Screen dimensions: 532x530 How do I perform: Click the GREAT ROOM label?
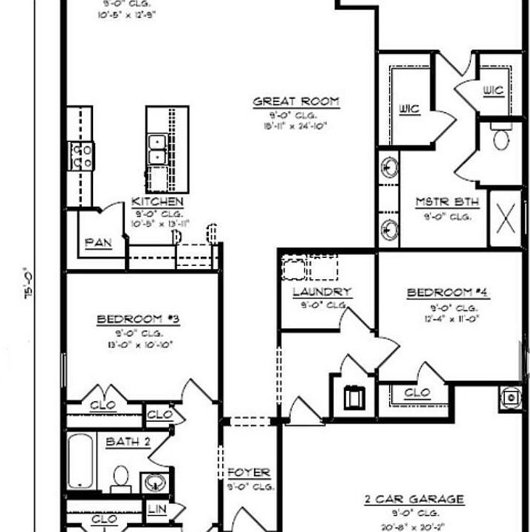(x=296, y=101)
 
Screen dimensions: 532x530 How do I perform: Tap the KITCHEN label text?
(x=157, y=201)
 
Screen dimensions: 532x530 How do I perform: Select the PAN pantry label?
(x=98, y=242)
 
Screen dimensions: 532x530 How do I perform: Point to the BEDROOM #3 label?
(x=139, y=319)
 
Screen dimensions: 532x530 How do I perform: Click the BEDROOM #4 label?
(x=448, y=293)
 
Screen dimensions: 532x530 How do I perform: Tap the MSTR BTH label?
(x=447, y=202)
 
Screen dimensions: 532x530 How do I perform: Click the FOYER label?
(x=248, y=472)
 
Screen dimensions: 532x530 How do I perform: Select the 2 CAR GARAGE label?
(x=414, y=499)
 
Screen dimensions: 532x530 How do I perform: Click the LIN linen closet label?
(x=156, y=509)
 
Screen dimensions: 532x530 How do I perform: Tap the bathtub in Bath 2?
(x=79, y=463)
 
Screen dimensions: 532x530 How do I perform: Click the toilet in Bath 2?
(x=120, y=478)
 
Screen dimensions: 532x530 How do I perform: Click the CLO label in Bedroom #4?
(x=417, y=394)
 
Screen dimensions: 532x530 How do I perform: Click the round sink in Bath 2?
(x=152, y=483)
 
